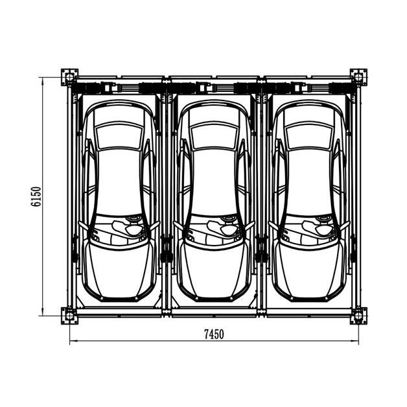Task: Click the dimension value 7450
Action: click(214, 334)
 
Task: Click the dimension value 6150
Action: click(36, 196)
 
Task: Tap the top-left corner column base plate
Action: click(69, 77)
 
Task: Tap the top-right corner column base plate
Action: click(358, 77)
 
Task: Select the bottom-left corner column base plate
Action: click(69, 316)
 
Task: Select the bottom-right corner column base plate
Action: click(358, 316)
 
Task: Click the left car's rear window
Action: click(119, 136)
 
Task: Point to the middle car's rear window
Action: click(214, 136)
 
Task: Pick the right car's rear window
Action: click(309, 136)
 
